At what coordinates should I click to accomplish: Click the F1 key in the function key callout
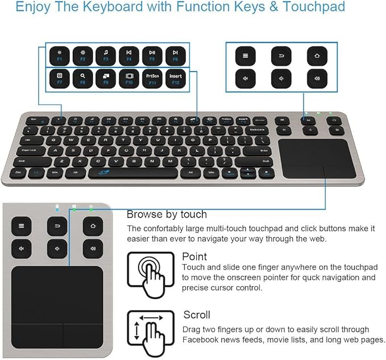(59, 55)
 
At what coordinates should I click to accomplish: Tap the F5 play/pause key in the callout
(152, 55)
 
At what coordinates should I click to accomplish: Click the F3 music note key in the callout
(106, 55)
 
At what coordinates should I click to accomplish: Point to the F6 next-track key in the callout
(175, 55)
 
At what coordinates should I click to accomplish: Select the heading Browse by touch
(167, 215)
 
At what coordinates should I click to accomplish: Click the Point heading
(194, 257)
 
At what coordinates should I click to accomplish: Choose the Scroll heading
(197, 315)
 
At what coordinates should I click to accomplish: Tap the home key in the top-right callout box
(317, 56)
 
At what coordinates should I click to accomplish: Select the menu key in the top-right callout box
(246, 56)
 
